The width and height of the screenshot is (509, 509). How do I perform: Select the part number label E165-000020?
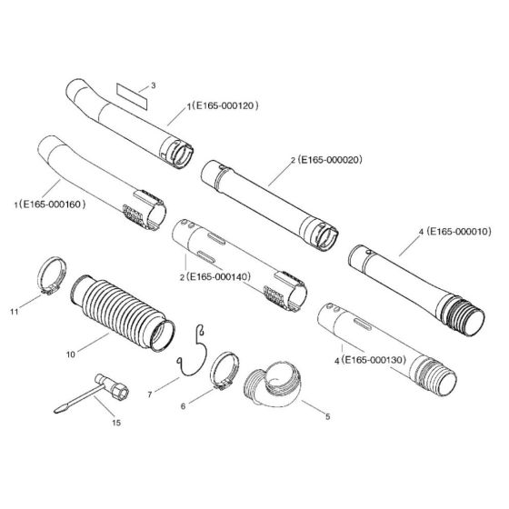328,160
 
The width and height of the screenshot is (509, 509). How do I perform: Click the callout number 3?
154,85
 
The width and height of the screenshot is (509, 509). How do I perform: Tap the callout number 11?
15,311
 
